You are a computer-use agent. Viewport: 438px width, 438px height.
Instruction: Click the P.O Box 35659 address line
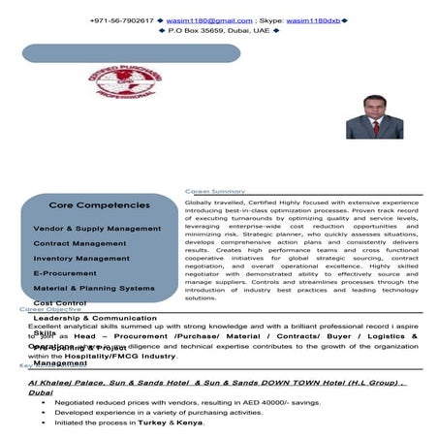(218, 32)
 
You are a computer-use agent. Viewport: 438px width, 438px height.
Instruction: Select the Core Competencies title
(99, 205)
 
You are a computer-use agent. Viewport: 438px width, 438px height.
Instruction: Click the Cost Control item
(60, 303)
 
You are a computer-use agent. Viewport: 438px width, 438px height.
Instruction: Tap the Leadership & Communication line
(95, 318)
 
